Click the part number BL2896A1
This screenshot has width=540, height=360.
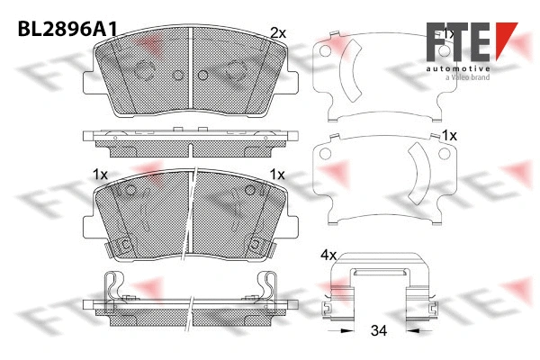pos(66,28)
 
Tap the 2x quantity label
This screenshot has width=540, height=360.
pos(278,32)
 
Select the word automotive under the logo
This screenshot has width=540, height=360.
pos(458,68)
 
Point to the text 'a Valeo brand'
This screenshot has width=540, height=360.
pos(463,79)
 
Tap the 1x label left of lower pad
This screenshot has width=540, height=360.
pos(100,173)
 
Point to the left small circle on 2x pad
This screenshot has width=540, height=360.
pos(176,75)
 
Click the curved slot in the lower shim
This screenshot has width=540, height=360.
pos(419,176)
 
